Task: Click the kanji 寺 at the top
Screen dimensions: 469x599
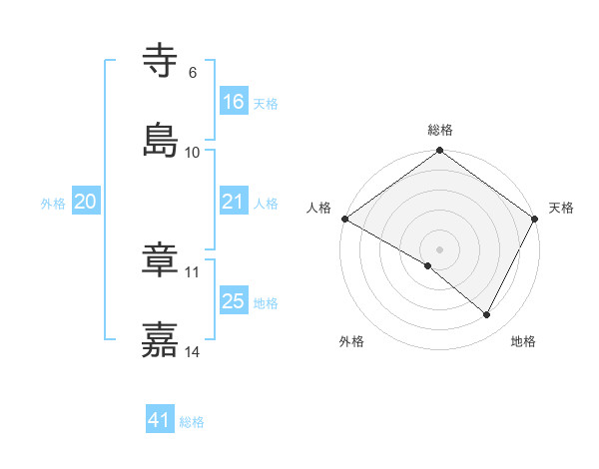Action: click(161, 62)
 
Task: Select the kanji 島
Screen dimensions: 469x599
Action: click(161, 141)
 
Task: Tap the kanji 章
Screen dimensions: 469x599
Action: click(161, 261)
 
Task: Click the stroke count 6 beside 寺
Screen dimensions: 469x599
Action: click(193, 73)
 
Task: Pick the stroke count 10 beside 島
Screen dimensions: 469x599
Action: click(193, 153)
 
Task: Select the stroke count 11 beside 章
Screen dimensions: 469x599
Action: click(193, 272)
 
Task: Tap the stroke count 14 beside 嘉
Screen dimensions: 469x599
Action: click(193, 352)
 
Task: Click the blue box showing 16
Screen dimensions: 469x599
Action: click(234, 102)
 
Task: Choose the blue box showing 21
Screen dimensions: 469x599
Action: click(234, 202)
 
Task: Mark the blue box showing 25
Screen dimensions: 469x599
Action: click(234, 301)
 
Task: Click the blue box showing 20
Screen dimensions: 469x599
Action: click(86, 202)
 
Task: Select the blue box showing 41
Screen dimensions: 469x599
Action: click(160, 420)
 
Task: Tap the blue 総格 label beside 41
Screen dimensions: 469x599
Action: click(192, 422)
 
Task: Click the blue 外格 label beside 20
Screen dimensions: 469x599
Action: click(53, 204)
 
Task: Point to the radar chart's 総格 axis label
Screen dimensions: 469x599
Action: click(440, 130)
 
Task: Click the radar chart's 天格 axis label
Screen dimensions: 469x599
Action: click(561, 208)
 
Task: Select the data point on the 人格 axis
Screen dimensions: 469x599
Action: click(344, 219)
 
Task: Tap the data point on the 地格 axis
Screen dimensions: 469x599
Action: click(487, 314)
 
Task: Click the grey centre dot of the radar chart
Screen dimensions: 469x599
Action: click(440, 248)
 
